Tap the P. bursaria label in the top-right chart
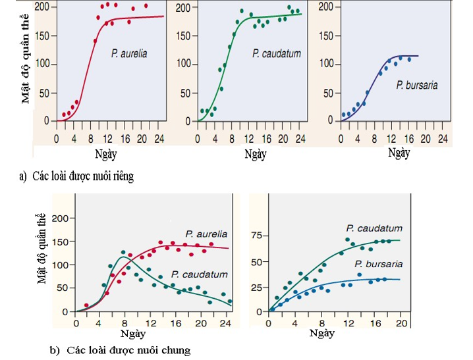pos(417,85)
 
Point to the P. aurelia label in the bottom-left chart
pos(206,234)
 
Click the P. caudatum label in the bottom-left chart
pos(199,274)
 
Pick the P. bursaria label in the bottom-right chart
pos(375,264)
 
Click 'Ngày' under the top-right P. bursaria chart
pos(399,153)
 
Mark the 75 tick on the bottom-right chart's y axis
pos(258,235)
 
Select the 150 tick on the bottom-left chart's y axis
pos(59,242)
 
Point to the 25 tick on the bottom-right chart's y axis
pos(258,287)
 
